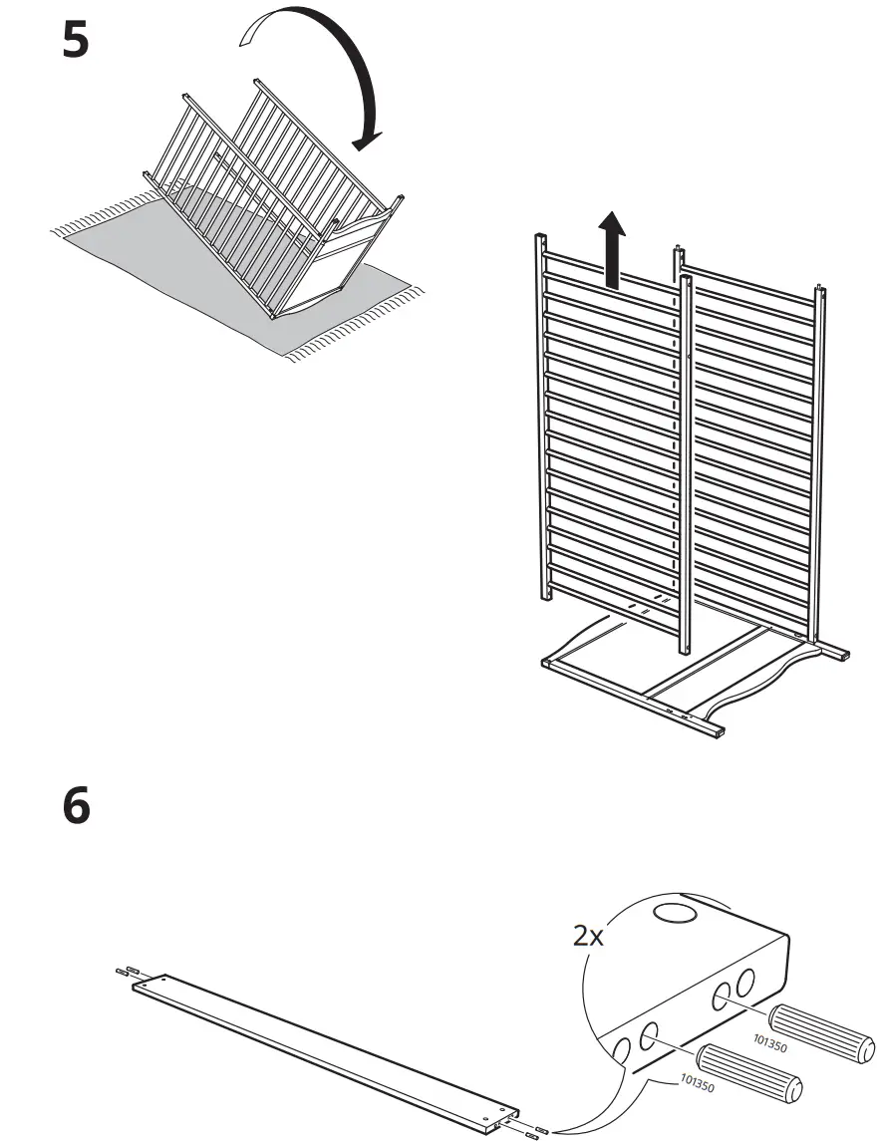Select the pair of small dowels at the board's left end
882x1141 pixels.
point(126,972)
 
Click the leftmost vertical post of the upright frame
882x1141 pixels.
point(544,419)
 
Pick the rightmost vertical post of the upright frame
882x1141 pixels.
point(819,468)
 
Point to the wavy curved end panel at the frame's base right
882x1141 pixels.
point(777,678)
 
